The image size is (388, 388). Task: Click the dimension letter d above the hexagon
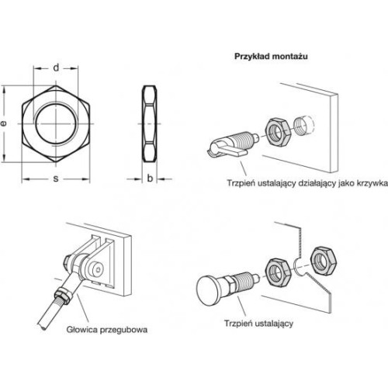tap(56, 68)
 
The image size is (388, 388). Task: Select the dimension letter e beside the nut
tap(3, 123)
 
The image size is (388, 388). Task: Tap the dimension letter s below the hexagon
tap(56, 178)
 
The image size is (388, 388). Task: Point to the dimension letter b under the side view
tap(150, 178)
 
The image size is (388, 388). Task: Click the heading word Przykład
tap(251, 57)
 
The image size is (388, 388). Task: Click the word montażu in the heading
tap(289, 57)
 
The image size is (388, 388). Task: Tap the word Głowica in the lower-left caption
tap(81, 330)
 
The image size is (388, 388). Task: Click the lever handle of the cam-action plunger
tap(227, 150)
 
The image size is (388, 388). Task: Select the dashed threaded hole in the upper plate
tap(305, 125)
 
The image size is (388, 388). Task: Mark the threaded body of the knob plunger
tap(243, 282)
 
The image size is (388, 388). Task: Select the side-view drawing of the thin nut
tap(150, 123)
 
